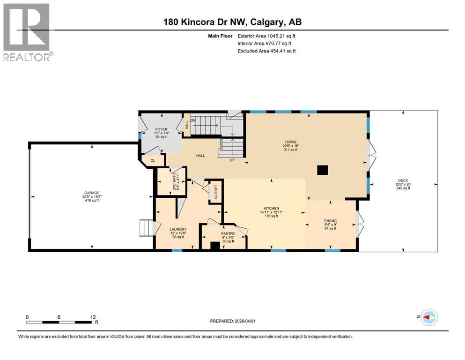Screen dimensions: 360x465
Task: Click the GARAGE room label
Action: coord(91,192)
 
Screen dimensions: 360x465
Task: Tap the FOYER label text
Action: coord(161,129)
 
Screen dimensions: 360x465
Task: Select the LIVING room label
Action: coord(290,142)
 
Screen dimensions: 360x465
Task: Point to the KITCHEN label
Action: coord(271,208)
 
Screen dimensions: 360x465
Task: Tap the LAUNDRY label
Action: coord(178,229)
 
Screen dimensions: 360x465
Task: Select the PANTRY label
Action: coord(228,233)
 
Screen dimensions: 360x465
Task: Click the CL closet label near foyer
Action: coord(153,161)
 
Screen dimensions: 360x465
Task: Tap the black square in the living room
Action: coord(322,170)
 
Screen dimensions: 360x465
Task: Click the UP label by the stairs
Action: coord(231,160)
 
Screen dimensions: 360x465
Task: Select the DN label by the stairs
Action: coord(192,120)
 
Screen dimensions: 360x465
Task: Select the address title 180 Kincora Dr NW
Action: coord(232,22)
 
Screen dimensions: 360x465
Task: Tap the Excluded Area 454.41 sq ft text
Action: coord(266,51)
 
